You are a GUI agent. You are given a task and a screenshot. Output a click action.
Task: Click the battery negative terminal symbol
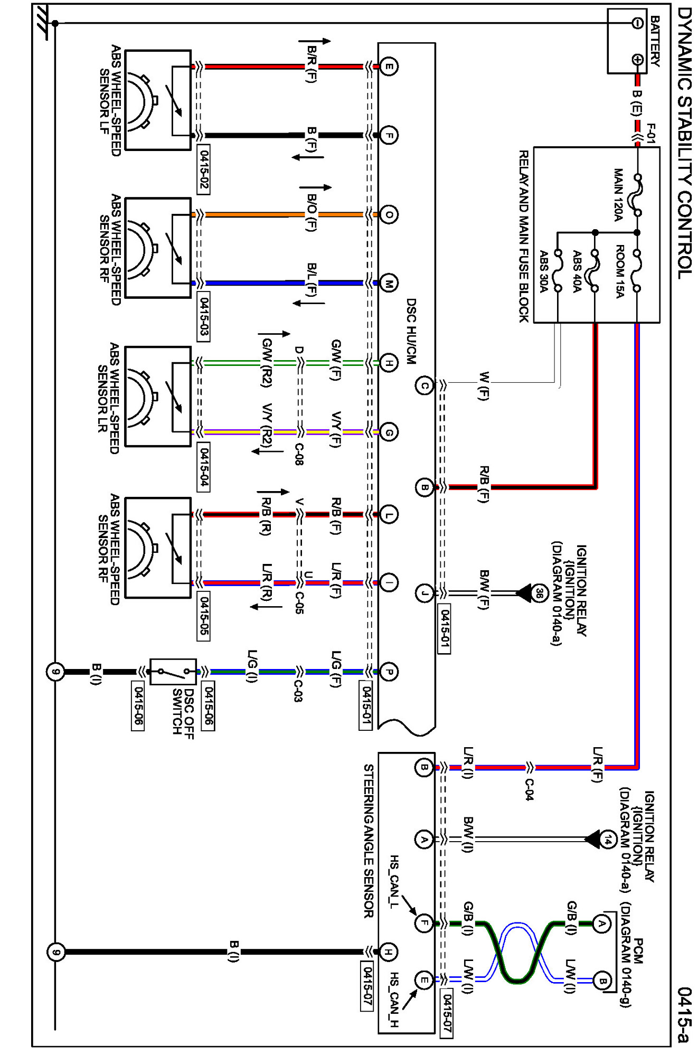(637, 23)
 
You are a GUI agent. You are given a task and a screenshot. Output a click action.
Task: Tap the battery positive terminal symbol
(637, 60)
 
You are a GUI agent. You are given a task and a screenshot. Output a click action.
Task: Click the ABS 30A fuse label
(543, 271)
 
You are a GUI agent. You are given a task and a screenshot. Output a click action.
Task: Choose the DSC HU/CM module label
(411, 332)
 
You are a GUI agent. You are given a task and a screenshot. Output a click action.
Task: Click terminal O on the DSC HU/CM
(389, 214)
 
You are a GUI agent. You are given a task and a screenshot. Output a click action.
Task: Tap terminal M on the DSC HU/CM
(389, 284)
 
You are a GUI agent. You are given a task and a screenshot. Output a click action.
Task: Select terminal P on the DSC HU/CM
(389, 672)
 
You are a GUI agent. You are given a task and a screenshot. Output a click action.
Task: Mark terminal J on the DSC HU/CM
(424, 594)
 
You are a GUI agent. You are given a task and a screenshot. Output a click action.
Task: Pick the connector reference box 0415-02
(203, 169)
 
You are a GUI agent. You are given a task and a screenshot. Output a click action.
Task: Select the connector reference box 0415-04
(203, 467)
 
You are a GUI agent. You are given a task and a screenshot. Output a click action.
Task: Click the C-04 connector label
(529, 789)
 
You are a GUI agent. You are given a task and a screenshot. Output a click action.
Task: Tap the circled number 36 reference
(538, 592)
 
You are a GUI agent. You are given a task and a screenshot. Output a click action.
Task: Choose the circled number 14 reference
(609, 839)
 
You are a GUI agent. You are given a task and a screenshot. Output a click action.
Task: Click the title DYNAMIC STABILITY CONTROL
(684, 143)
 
